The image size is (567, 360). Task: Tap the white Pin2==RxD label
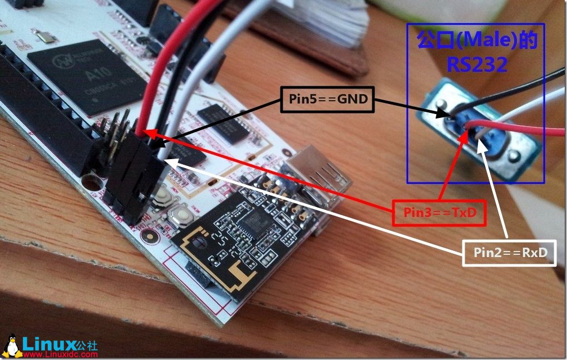pos(510,253)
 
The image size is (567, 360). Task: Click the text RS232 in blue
pos(477,65)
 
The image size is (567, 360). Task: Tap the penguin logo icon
pos(11,346)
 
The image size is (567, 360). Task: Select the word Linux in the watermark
pos(48,342)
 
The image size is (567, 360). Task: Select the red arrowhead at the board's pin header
pos(146,132)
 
